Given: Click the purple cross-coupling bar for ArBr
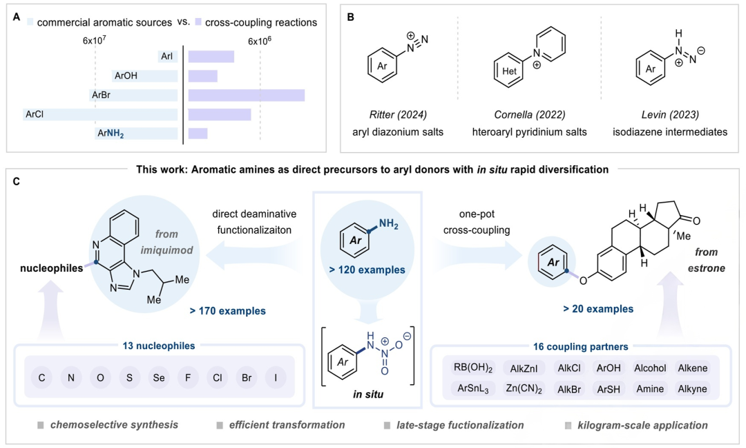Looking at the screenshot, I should pyautogui.click(x=246, y=94).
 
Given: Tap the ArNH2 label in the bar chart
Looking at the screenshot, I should pyautogui.click(x=111, y=133).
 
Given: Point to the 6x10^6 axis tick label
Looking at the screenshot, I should pyautogui.click(x=260, y=41).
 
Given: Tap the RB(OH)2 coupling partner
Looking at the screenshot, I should pyautogui.click(x=463, y=367).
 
